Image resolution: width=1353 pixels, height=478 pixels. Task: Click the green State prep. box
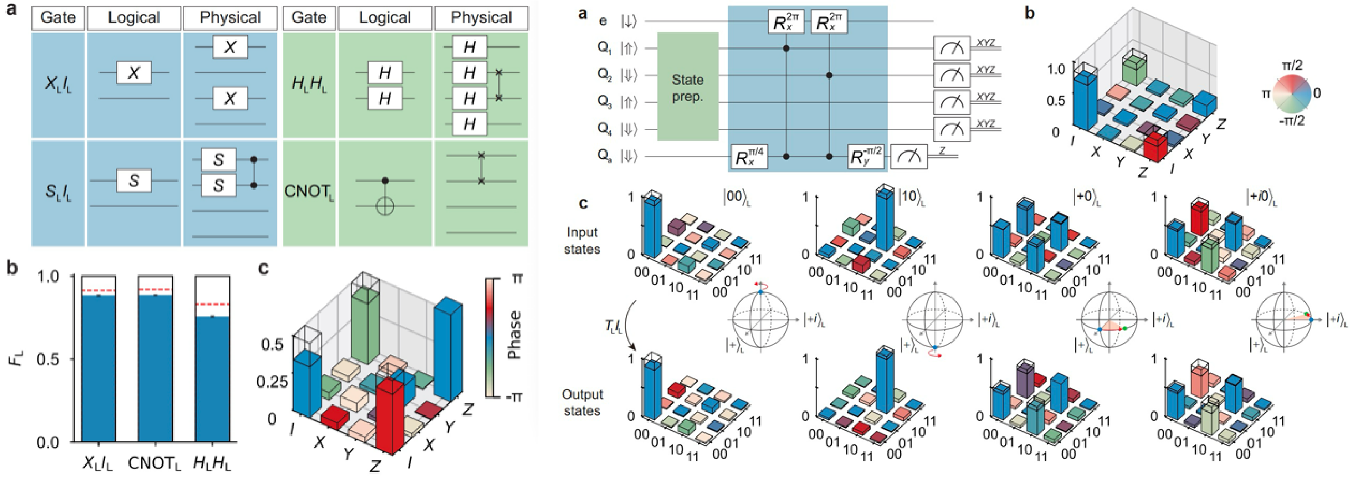688,87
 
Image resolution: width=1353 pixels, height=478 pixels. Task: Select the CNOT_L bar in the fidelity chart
151,368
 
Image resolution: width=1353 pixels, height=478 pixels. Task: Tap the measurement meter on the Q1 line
951,49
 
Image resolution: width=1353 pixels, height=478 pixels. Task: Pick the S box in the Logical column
134,181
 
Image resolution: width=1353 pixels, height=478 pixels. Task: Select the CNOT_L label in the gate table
309,192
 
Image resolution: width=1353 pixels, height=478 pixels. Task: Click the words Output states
582,402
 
